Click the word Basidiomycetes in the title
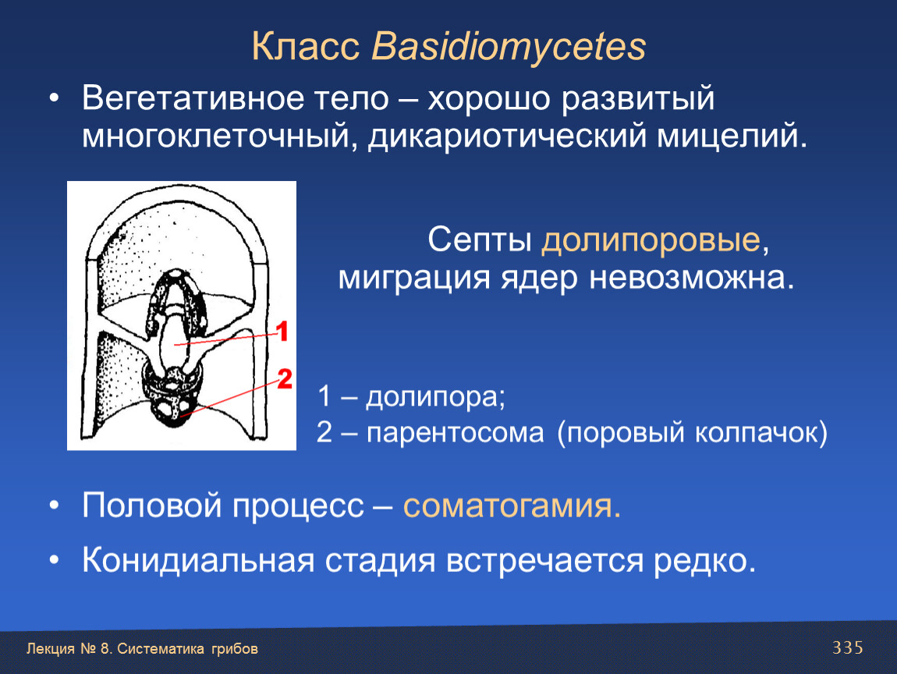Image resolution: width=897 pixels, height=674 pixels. [x=509, y=46]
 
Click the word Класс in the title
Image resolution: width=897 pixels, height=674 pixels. [x=306, y=46]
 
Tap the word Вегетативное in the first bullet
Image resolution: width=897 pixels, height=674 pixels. [x=193, y=98]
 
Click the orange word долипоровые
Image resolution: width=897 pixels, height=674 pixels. [x=651, y=240]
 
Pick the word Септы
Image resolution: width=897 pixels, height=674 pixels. [x=480, y=239]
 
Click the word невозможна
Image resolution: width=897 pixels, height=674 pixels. [x=692, y=278]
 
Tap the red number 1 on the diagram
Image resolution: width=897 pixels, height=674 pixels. [x=282, y=332]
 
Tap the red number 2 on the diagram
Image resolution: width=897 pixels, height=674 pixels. [x=285, y=379]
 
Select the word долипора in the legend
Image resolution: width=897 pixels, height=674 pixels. [x=435, y=397]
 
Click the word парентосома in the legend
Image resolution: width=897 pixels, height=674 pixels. [x=456, y=433]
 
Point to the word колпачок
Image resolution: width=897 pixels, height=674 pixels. [x=760, y=432]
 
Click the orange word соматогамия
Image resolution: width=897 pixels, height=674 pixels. [x=512, y=505]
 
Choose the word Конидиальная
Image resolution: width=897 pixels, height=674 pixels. [x=198, y=560]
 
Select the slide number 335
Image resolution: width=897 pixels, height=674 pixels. [x=848, y=647]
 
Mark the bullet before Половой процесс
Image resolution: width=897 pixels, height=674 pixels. [x=54, y=505]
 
